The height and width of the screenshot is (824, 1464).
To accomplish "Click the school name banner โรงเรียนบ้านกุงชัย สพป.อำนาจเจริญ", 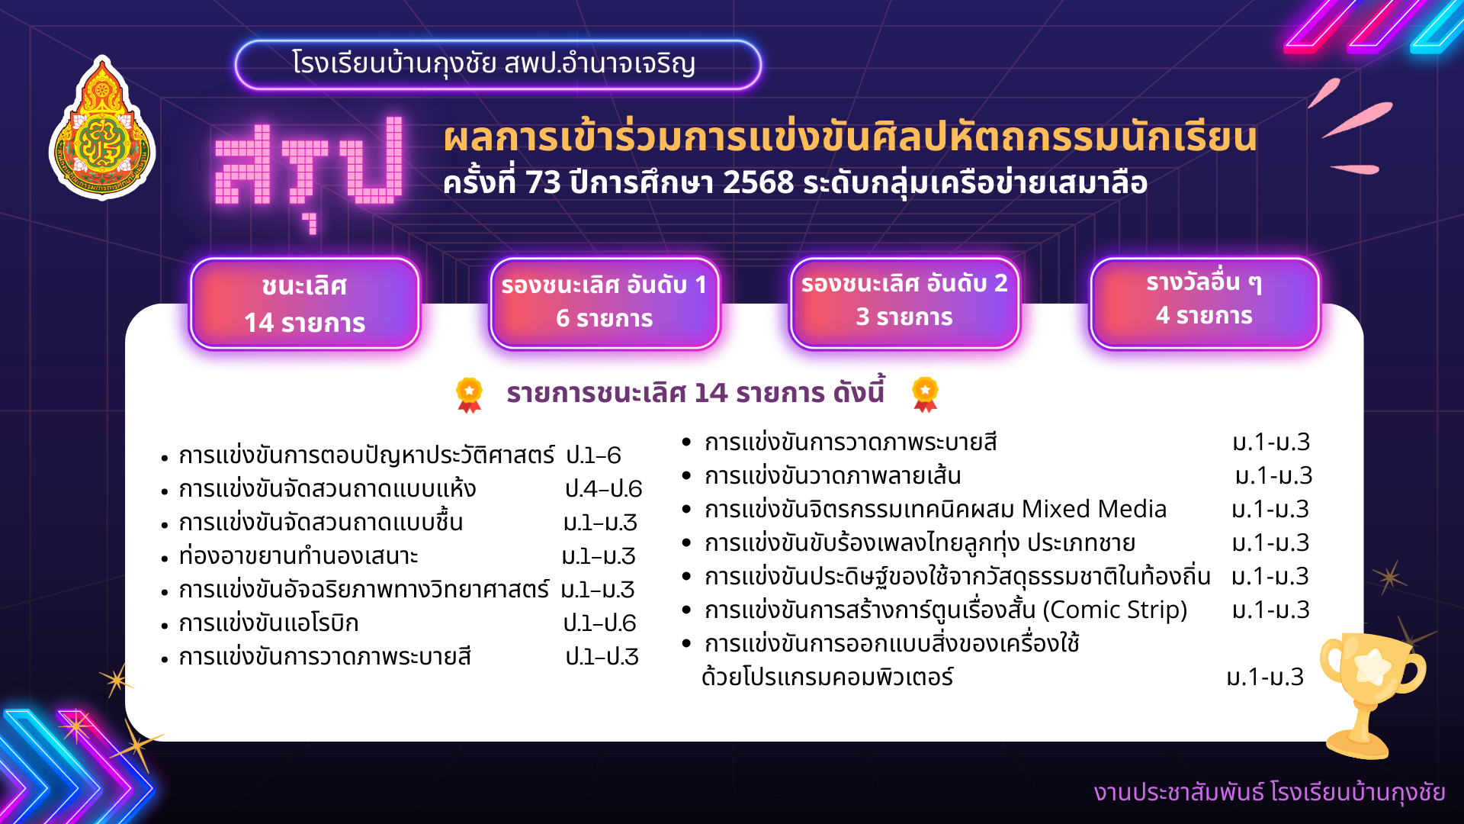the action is (498, 65).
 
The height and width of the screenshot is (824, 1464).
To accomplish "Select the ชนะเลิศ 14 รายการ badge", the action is (305, 304).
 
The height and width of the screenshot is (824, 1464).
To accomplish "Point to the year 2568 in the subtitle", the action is (758, 183).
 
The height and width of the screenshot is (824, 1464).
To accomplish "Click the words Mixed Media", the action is (1094, 509).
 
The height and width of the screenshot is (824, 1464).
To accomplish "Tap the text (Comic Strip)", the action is (1115, 610).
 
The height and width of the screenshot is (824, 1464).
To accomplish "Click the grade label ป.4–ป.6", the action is (603, 489).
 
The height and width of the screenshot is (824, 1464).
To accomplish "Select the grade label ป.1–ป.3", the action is (602, 657).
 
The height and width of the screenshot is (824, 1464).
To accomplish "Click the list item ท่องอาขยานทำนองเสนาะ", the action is (298, 556).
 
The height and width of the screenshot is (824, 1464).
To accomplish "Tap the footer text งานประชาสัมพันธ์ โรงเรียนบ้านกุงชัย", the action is (1270, 793).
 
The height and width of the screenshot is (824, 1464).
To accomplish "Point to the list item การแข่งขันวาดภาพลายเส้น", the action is (833, 475).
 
